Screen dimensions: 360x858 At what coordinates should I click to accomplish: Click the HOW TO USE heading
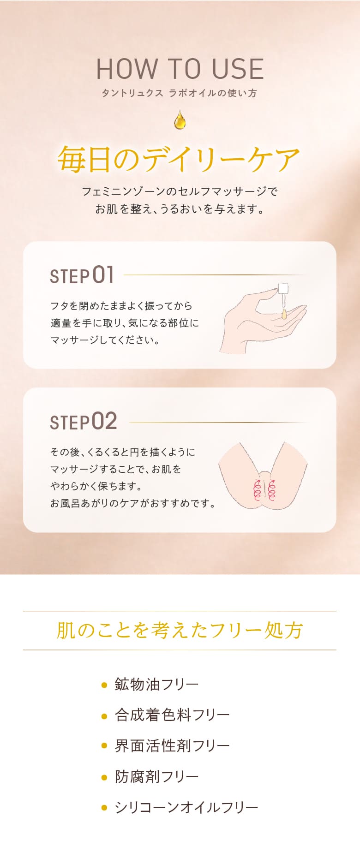coord(180,69)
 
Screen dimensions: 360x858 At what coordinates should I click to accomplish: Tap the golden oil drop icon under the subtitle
coord(180,119)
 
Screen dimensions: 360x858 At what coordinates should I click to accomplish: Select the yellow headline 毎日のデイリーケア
coord(179,159)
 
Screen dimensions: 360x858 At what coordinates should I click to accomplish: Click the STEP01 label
coord(82,275)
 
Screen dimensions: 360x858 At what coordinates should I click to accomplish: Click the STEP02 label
coord(84,421)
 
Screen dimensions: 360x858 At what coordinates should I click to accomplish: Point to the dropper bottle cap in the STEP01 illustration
coord(283,289)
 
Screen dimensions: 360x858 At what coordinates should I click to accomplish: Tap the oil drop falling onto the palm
coord(284,315)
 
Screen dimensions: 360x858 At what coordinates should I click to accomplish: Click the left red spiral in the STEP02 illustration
coord(258,490)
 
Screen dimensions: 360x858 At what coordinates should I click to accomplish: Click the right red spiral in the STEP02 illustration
coord(272,490)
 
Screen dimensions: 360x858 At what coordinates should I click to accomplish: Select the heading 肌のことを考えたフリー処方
coord(180,630)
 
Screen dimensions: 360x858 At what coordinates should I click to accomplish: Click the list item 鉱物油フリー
coord(156,684)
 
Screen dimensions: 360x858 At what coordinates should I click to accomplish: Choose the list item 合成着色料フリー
coord(172,715)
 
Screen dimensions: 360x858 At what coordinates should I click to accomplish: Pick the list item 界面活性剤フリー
coord(172,746)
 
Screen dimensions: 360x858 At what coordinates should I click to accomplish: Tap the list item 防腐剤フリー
coord(156,777)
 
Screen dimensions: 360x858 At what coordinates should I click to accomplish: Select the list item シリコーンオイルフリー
coord(186,808)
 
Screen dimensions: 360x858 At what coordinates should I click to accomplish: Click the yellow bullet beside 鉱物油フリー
coord(104,685)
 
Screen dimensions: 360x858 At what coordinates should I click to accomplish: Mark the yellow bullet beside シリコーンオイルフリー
coord(104,808)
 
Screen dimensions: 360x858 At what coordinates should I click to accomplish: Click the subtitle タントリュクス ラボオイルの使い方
coord(179,93)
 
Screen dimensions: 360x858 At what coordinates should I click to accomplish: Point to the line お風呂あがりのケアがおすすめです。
coord(133,503)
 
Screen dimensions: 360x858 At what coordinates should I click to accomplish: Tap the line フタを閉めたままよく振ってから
coord(121,306)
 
